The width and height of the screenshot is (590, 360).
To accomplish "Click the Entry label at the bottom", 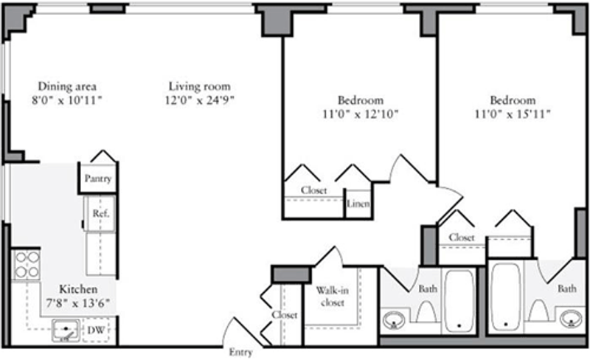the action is pyautogui.click(x=240, y=353).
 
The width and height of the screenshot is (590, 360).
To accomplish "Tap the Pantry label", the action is pyautogui.click(x=98, y=179).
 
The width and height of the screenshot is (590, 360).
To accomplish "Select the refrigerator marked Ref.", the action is pyautogui.click(x=100, y=213).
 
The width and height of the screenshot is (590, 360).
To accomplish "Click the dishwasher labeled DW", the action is pyautogui.click(x=96, y=330).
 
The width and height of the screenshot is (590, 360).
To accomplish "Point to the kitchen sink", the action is pyautogui.click(x=66, y=330).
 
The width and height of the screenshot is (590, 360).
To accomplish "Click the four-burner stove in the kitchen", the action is pyautogui.click(x=26, y=265).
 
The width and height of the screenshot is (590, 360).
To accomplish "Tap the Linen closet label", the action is pyautogui.click(x=358, y=204).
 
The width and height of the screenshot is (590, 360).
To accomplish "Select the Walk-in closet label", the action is pyautogui.click(x=333, y=297).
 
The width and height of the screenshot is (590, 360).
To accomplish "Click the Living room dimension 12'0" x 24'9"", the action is pyautogui.click(x=199, y=100).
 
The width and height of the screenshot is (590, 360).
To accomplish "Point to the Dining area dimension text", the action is pyautogui.click(x=67, y=100).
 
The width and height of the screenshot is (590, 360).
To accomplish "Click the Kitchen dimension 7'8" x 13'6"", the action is pyautogui.click(x=78, y=302).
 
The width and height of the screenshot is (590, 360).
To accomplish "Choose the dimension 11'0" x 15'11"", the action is pyautogui.click(x=513, y=114).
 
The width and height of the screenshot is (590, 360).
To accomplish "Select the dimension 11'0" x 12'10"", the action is pyautogui.click(x=360, y=114).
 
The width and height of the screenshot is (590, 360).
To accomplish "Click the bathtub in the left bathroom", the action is pyautogui.click(x=459, y=301).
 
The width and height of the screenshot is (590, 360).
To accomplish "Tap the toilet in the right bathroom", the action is pyautogui.click(x=539, y=310).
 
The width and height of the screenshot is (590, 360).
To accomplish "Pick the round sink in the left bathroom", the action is pyautogui.click(x=394, y=319).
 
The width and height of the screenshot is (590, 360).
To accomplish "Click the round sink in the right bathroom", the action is pyautogui.click(x=571, y=319).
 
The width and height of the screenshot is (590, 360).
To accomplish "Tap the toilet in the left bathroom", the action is pyautogui.click(x=427, y=311).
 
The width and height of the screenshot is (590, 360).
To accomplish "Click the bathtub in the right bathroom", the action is pyautogui.click(x=506, y=297).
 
